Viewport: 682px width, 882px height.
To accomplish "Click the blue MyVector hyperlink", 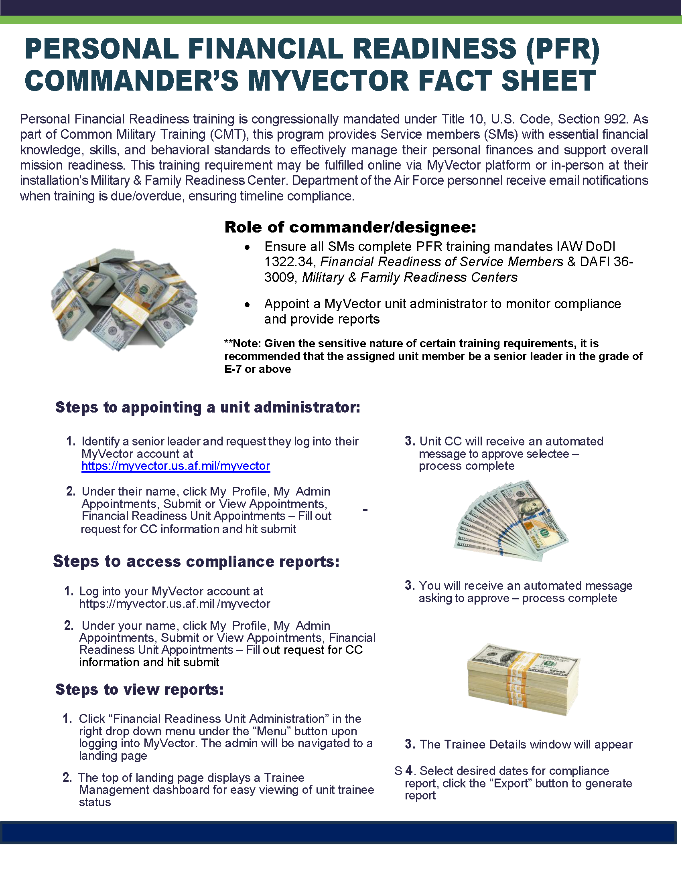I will point(175,466).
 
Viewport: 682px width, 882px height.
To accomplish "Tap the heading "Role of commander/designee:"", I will point(350,227).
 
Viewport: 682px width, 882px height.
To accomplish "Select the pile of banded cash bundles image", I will point(124,298).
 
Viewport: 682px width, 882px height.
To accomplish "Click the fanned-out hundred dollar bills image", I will point(511,520).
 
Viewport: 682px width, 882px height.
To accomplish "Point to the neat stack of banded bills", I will point(524,678).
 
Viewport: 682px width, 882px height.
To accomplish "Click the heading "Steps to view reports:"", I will point(139,690).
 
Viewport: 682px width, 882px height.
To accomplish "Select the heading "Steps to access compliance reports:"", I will point(196,561).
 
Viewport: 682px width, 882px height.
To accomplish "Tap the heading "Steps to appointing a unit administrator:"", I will point(208,407).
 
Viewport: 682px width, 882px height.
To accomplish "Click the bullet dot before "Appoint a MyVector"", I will point(247,305).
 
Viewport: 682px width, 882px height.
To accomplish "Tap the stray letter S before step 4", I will point(398,771).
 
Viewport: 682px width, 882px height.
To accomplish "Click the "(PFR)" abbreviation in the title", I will point(562,49).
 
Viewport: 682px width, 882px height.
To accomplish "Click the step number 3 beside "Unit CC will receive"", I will point(410,441).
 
